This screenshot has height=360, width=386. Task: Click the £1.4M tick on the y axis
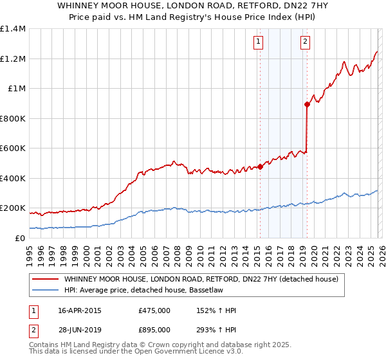pos(13,29)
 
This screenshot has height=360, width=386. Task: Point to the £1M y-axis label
pos(17,89)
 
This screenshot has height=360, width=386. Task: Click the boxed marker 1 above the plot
pos(258,42)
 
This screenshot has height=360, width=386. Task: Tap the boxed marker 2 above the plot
pos(305,42)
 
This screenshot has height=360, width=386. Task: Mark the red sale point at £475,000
pos(260,167)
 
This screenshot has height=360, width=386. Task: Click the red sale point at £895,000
pos(308,105)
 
